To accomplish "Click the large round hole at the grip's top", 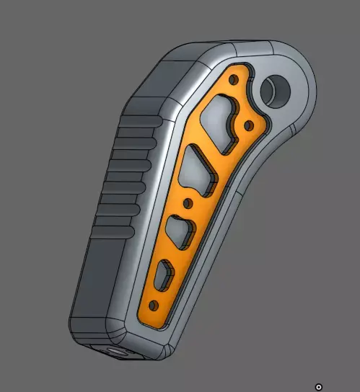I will (x=276, y=90).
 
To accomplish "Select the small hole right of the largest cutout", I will (x=249, y=125).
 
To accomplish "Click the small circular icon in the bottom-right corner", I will (x=319, y=387).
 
